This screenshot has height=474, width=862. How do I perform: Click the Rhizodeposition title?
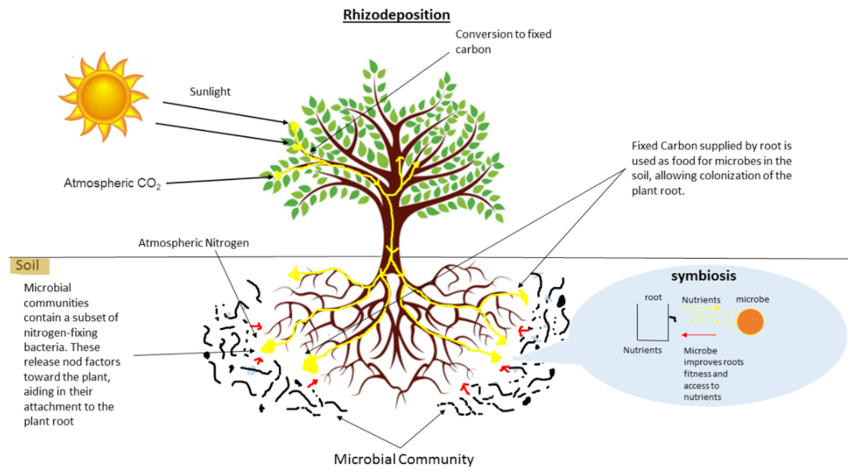pyautogui.click(x=396, y=14)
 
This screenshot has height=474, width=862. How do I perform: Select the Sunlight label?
pyautogui.click(x=211, y=92)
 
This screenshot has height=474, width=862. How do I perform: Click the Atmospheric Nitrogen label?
pyautogui.click(x=193, y=242)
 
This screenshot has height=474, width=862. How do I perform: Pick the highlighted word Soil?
pyautogui.click(x=27, y=266)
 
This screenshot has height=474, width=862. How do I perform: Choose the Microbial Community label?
pyautogui.click(x=403, y=459)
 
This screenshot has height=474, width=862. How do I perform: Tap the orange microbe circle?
pyautogui.click(x=750, y=322)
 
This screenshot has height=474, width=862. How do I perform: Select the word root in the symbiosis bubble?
pyautogui.click(x=653, y=298)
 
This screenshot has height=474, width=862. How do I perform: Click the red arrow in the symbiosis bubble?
pyautogui.click(x=701, y=334)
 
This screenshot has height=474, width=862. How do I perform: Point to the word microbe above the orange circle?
pyautogui.click(x=751, y=300)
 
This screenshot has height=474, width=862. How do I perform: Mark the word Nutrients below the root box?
pyautogui.click(x=642, y=350)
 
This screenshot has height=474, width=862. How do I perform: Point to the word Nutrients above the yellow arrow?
pyautogui.click(x=701, y=300)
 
